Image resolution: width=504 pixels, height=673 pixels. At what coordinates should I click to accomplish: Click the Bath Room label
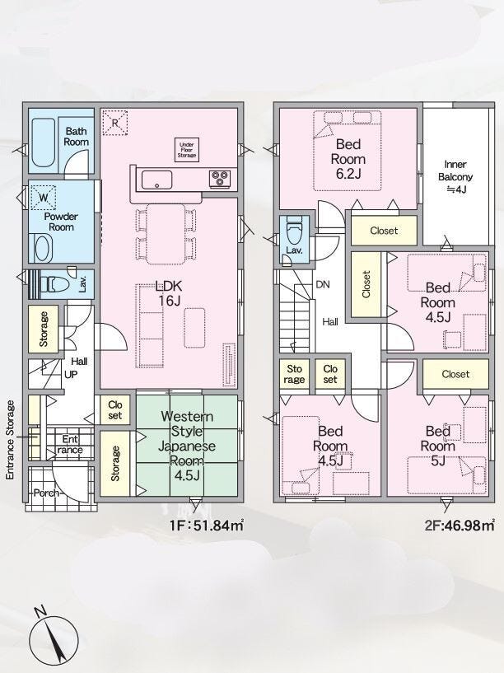77,137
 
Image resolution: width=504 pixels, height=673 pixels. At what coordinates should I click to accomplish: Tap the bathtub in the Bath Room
44,143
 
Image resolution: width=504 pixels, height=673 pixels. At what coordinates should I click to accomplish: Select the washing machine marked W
44,198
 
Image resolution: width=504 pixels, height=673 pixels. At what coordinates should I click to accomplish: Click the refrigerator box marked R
115,123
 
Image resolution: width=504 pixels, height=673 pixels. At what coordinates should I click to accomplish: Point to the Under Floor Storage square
187,149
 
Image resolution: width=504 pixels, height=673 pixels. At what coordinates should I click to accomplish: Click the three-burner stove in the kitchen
220,179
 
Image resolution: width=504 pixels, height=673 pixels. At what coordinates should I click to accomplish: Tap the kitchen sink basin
157,180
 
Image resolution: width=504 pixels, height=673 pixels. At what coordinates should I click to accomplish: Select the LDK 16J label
169,293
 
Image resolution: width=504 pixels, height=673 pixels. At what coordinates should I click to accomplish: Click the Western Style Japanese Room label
187,446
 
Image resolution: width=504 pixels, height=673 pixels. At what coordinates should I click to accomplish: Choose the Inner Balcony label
455,176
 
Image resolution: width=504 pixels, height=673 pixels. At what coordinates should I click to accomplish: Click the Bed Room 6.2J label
348,158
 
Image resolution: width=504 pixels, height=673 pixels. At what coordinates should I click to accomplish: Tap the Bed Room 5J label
437,446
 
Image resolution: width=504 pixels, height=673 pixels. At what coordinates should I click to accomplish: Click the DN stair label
323,284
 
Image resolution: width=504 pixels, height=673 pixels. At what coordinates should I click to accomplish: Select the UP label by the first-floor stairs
71,375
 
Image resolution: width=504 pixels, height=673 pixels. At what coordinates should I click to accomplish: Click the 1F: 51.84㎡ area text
208,525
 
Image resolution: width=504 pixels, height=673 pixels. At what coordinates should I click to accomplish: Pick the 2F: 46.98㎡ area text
460,525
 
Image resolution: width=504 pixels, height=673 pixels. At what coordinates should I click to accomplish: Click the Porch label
46,493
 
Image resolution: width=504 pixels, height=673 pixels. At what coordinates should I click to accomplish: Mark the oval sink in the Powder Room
43,249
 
